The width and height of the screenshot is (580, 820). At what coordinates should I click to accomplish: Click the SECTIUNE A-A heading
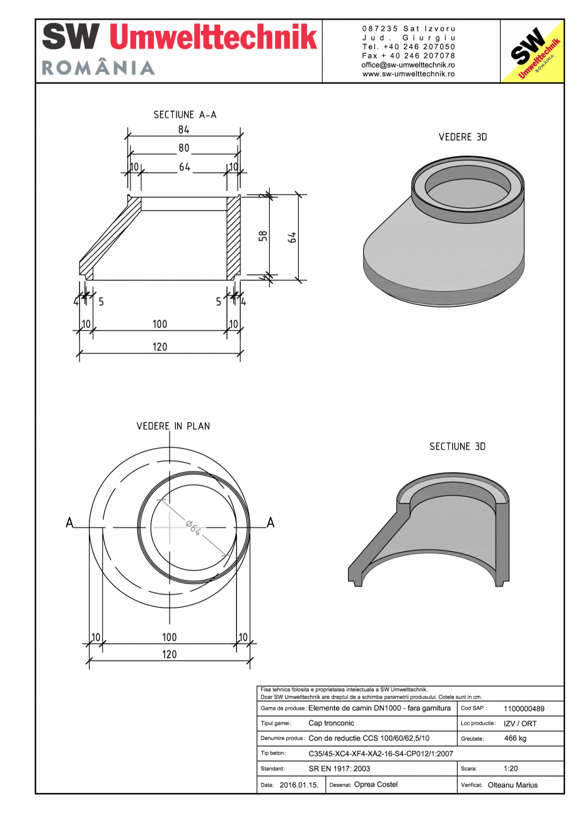click(x=185, y=115)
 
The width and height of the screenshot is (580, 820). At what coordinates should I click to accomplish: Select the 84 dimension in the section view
click(x=183, y=130)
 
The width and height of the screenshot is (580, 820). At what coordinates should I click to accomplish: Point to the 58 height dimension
click(x=263, y=236)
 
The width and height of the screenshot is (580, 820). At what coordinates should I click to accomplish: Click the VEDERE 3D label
click(x=463, y=137)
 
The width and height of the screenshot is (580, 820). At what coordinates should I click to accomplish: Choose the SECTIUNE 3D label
click(x=457, y=446)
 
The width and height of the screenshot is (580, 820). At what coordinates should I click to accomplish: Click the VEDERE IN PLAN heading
click(x=173, y=426)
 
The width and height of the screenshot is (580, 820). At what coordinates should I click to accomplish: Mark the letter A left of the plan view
click(x=70, y=523)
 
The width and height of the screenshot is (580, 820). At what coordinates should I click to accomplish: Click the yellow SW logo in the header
click(x=531, y=51)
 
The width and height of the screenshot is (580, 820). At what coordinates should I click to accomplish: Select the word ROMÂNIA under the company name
click(x=98, y=68)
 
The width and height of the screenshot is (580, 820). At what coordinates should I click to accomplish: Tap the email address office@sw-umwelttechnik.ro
click(x=408, y=65)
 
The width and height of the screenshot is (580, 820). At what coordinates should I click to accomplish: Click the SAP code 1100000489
click(x=524, y=708)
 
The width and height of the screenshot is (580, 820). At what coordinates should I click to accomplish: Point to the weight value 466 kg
click(x=515, y=739)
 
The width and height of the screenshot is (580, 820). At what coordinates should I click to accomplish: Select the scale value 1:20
click(x=511, y=769)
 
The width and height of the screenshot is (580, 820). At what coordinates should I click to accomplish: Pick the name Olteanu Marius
click(x=513, y=785)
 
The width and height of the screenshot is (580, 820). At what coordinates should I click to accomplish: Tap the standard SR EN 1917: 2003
click(x=339, y=769)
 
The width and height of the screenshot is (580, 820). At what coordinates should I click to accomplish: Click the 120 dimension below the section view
click(x=159, y=347)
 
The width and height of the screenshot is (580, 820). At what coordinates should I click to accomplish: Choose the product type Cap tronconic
click(x=331, y=724)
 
